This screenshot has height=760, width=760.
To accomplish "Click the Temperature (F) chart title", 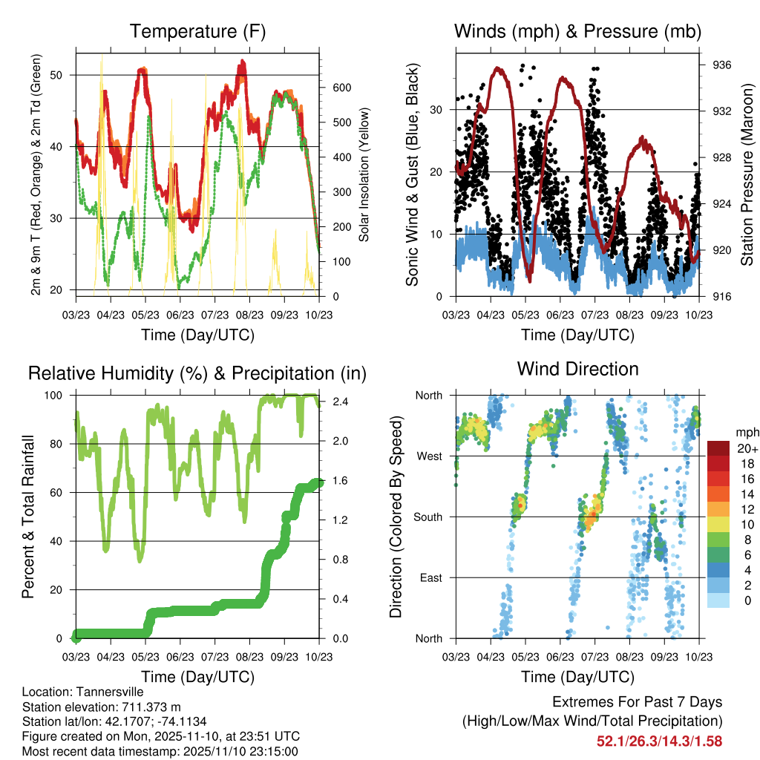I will coord(197,32).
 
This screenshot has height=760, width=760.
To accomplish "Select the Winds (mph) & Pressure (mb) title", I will coord(577,32).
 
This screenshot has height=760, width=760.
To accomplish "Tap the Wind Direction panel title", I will coord(577,369).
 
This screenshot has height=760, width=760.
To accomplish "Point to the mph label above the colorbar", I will coord(746,431).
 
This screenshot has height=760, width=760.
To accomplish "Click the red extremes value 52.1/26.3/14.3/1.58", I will coord(659,741).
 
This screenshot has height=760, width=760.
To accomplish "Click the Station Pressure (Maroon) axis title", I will coord(747,175).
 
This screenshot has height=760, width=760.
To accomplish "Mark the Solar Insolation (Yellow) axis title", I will coord(364,175).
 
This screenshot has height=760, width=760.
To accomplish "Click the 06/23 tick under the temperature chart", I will coord(180,315).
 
